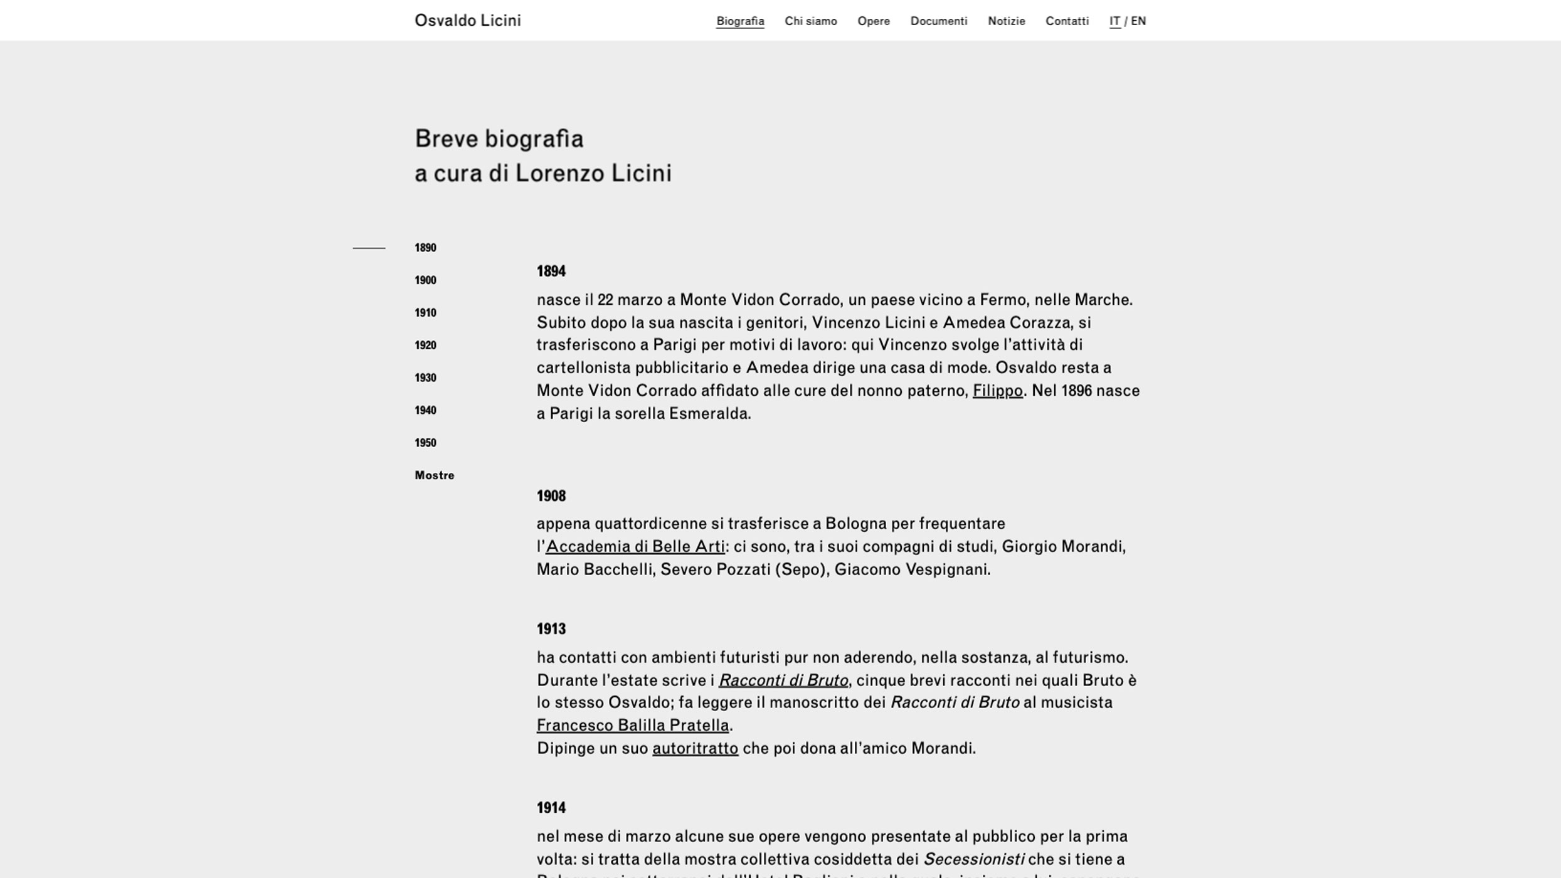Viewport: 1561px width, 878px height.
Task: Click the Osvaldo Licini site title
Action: point(467,21)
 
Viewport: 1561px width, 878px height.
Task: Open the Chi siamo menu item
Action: point(810,21)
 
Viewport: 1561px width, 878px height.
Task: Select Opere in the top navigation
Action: point(873,21)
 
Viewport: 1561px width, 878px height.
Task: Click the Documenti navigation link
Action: point(938,21)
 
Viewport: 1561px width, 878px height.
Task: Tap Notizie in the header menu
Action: point(1006,21)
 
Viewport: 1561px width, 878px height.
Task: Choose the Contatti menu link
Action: point(1067,21)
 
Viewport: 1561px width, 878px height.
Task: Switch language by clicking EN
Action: point(1138,21)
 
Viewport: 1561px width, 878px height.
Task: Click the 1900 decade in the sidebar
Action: point(425,280)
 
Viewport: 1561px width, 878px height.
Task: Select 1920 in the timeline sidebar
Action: point(425,346)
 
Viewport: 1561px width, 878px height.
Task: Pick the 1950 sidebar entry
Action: point(425,443)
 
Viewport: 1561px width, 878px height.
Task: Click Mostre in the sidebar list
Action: point(434,475)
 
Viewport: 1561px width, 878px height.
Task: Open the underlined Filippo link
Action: point(997,391)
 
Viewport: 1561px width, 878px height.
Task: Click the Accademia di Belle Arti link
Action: point(635,547)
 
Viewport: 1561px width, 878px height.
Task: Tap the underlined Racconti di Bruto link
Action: point(783,680)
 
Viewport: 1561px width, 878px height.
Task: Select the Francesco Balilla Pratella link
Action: point(632,726)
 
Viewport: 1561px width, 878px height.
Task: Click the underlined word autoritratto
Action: point(695,748)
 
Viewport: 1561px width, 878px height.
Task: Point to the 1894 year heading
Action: point(551,272)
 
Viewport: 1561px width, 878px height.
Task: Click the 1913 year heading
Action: point(551,629)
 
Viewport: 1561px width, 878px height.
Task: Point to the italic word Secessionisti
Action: point(973,859)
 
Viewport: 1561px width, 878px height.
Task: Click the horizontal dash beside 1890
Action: point(369,248)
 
